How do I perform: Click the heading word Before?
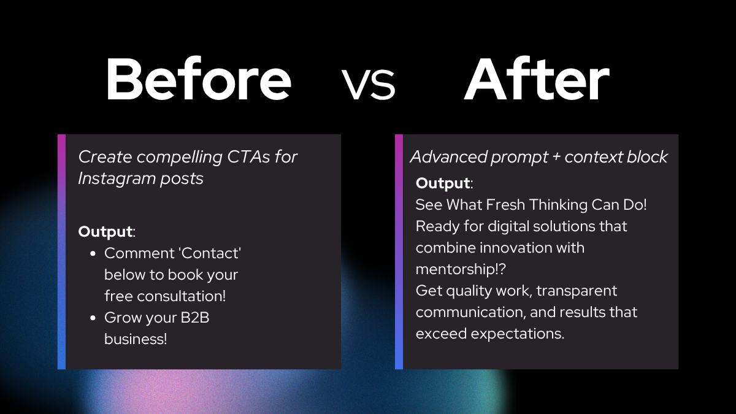click(x=199, y=79)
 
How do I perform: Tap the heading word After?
click(x=536, y=79)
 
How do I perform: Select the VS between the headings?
click(x=369, y=83)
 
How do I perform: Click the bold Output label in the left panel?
click(x=105, y=232)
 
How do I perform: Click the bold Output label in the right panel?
click(x=443, y=183)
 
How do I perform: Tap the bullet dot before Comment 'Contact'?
click(x=93, y=254)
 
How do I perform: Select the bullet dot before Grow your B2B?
click(x=93, y=318)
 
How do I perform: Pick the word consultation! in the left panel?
click(x=182, y=296)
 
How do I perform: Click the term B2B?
click(x=195, y=318)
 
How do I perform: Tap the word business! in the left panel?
click(x=136, y=339)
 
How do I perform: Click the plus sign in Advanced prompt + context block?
click(x=556, y=157)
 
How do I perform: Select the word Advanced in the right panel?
click(x=448, y=157)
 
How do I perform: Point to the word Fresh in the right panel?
click(x=505, y=205)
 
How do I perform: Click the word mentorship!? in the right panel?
click(x=461, y=269)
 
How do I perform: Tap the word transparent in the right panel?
click(x=577, y=291)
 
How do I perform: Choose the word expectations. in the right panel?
click(x=518, y=334)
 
